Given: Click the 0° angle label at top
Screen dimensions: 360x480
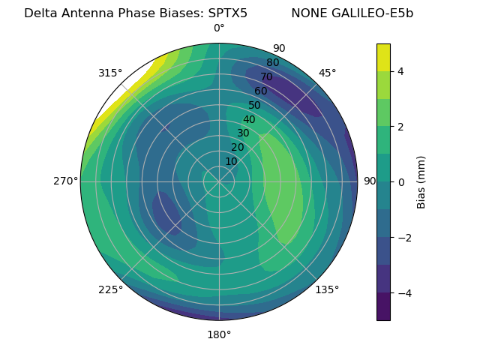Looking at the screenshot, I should tap(219, 28).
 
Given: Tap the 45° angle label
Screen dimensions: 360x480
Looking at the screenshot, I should tap(327, 73).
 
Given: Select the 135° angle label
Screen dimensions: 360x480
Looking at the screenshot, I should tap(327, 289).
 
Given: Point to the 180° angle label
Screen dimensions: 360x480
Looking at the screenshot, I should tap(219, 334).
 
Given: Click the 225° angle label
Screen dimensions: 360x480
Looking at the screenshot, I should tap(110, 289).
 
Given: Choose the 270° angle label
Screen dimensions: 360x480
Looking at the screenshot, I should tap(66, 181).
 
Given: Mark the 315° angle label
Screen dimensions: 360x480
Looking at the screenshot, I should tap(110, 73).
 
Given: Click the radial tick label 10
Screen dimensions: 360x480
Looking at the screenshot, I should tap(231, 161).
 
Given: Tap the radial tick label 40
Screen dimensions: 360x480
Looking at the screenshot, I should tap(249, 119).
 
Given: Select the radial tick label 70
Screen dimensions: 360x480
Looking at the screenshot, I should tap(267, 76).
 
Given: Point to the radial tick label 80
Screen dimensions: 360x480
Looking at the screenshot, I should tap(273, 62).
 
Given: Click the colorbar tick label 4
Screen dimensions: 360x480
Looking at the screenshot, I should tap(400, 71).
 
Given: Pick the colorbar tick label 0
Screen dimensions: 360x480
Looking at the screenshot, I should tap(400, 182).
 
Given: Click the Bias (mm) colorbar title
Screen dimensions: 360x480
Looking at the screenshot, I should tap(421, 182).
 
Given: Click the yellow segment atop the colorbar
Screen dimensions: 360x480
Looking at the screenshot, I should tap(383, 57).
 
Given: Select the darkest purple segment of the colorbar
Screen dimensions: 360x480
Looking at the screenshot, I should tap(383, 307).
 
